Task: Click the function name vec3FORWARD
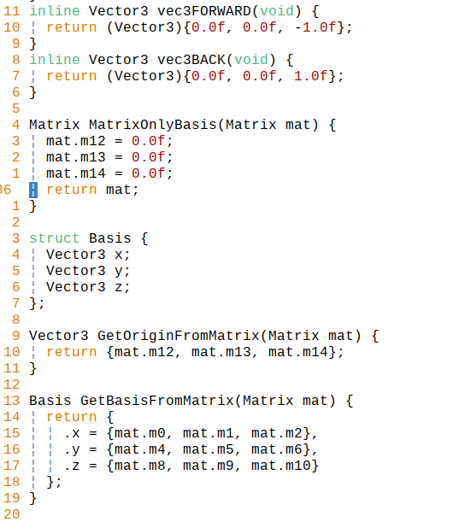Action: tap(204, 11)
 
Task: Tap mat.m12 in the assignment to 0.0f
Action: tap(76, 141)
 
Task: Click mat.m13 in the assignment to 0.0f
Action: tap(76, 157)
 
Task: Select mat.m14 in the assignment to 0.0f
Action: tap(76, 173)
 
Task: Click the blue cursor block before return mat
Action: tap(33, 190)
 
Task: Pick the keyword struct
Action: tap(55, 238)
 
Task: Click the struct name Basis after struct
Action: tap(110, 238)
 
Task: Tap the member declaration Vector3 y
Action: tap(88, 271)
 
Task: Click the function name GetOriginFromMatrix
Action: tap(179, 336)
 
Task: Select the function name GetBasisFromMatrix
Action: tap(157, 401)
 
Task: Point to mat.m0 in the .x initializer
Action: tap(140, 433)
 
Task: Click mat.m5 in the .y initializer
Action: tap(209, 449)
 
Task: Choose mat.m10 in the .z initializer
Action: tap(281, 466)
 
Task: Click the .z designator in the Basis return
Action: tap(72, 466)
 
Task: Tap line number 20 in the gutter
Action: tap(12, 514)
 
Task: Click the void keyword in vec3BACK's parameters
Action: tap(251, 60)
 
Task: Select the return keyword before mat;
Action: tap(72, 190)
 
